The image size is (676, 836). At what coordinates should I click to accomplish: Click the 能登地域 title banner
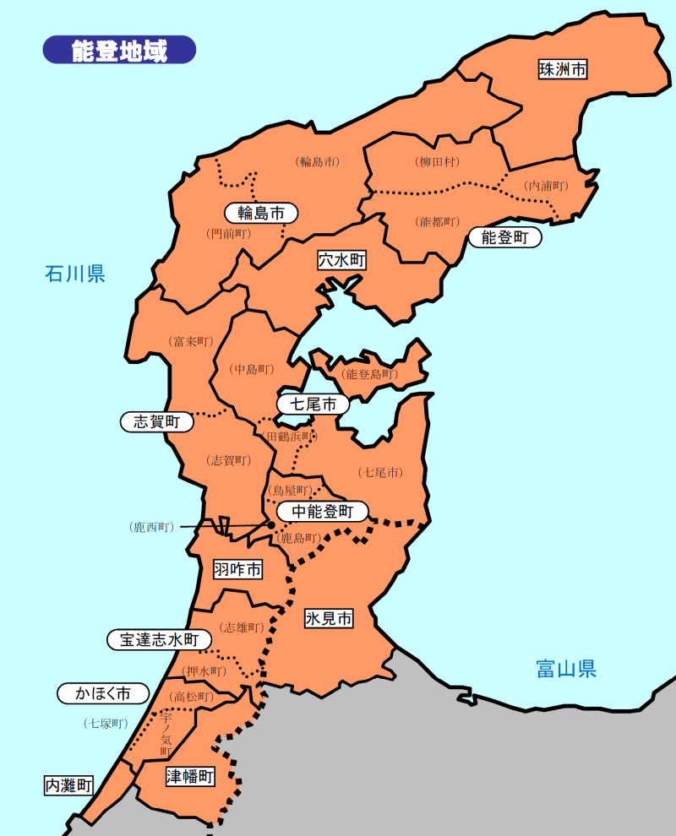click(x=119, y=50)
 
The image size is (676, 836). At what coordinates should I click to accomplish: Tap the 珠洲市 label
click(x=563, y=69)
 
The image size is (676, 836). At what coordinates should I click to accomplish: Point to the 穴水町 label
click(x=342, y=260)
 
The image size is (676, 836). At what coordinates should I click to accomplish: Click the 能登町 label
click(x=504, y=238)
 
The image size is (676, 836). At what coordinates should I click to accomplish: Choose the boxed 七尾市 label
click(x=313, y=404)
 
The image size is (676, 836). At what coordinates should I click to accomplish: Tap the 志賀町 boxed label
click(x=157, y=421)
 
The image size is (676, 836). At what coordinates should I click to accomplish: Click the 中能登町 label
click(x=323, y=511)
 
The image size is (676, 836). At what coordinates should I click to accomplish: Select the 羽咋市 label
click(x=237, y=570)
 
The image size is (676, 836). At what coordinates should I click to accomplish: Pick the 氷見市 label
click(x=329, y=619)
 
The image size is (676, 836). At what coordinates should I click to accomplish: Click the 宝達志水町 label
click(x=159, y=640)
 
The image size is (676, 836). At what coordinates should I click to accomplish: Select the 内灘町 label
click(x=68, y=785)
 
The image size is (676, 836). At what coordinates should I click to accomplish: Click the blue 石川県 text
click(x=75, y=274)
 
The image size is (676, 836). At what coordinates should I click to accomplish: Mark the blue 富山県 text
click(x=566, y=670)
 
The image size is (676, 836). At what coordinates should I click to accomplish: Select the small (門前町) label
click(x=228, y=233)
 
